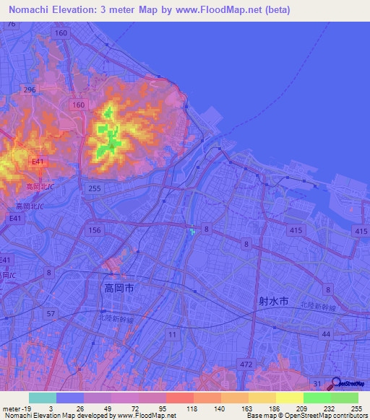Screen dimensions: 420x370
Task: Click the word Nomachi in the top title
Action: pos(33,9)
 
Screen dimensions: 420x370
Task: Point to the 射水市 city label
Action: pos(273,300)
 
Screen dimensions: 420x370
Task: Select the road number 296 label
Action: pos(29,89)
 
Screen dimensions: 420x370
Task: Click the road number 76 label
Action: pos(11,24)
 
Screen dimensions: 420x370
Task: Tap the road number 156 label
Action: pos(93,229)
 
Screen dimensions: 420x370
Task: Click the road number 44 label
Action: pos(326,335)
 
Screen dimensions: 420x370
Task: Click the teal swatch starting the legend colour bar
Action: pos(42,398)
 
